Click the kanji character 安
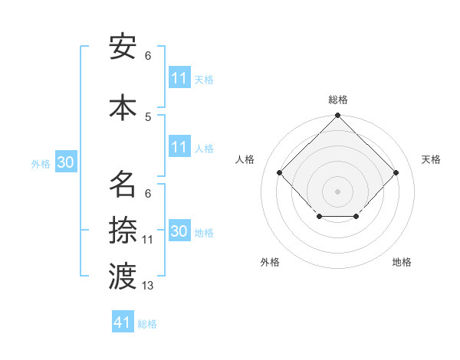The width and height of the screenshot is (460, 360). pyautogui.click(x=123, y=47)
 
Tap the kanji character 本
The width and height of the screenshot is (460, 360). pyautogui.click(x=123, y=106)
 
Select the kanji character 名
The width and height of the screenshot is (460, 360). pyautogui.click(x=123, y=184)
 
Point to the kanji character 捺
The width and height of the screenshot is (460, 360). pyautogui.click(x=123, y=230)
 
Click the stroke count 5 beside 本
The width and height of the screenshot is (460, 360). pyautogui.click(x=148, y=116)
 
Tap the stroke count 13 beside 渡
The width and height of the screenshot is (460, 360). pyautogui.click(x=148, y=286)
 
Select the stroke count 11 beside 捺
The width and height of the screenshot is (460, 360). pyautogui.click(x=148, y=240)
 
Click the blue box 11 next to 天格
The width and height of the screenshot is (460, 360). pyautogui.click(x=179, y=78)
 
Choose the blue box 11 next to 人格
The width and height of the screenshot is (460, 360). pyautogui.click(x=179, y=147)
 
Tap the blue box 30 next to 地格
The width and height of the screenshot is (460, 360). pyautogui.click(x=179, y=231)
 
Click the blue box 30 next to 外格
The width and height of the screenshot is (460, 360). pyautogui.click(x=66, y=162)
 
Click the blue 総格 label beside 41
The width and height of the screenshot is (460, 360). pyautogui.click(x=147, y=324)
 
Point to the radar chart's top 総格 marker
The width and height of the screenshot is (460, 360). pyautogui.click(x=337, y=116)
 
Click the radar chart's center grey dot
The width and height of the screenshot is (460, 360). pyautogui.click(x=337, y=190)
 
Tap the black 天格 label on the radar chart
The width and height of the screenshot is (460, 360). pyautogui.click(x=431, y=159)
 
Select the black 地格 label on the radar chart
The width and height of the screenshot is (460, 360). pyautogui.click(x=402, y=262)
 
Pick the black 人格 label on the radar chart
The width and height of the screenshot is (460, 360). pyautogui.click(x=245, y=159)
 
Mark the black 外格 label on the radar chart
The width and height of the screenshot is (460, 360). pyautogui.click(x=270, y=262)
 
